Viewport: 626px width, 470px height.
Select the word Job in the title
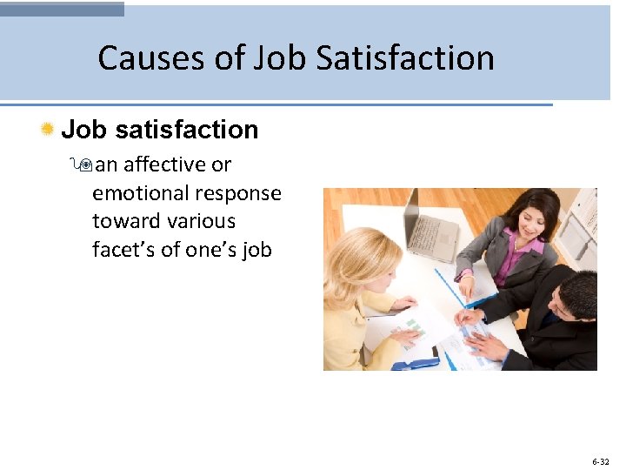tap(281, 58)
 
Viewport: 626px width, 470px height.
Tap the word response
tap(240, 193)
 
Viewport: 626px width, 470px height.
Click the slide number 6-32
tap(601, 461)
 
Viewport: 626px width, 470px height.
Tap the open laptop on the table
tap(430, 225)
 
